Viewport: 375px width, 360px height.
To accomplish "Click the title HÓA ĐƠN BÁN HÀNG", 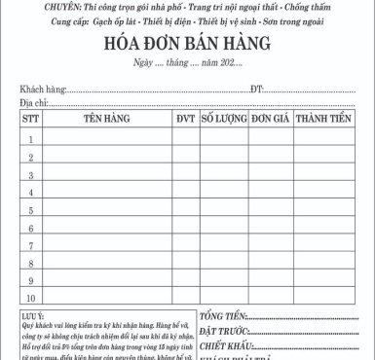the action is click(x=187, y=45).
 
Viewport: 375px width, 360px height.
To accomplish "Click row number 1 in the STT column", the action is click(x=30, y=139).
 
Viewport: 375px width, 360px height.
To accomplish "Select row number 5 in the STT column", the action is click(x=30, y=210).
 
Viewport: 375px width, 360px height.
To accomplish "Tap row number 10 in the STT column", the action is click(x=30, y=298).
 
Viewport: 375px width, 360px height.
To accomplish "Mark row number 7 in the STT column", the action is click(x=30, y=245).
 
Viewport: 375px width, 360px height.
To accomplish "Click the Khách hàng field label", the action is click(x=42, y=90).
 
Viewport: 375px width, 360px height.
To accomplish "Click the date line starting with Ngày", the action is click(x=185, y=65).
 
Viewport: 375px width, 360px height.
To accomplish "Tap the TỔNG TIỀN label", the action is click(x=224, y=316).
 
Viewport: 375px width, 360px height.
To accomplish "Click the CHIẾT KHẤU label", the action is click(x=227, y=346).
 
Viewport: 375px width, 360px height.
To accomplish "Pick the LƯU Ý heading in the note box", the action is click(x=33, y=315).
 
